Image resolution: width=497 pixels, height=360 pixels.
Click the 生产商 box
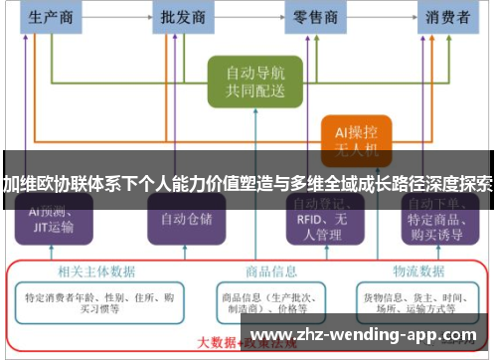(51, 17)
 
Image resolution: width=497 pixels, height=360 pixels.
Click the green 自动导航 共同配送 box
(254, 82)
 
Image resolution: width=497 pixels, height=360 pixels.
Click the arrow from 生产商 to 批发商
(116, 17)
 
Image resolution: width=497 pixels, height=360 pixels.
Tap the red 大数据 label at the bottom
(217, 343)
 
